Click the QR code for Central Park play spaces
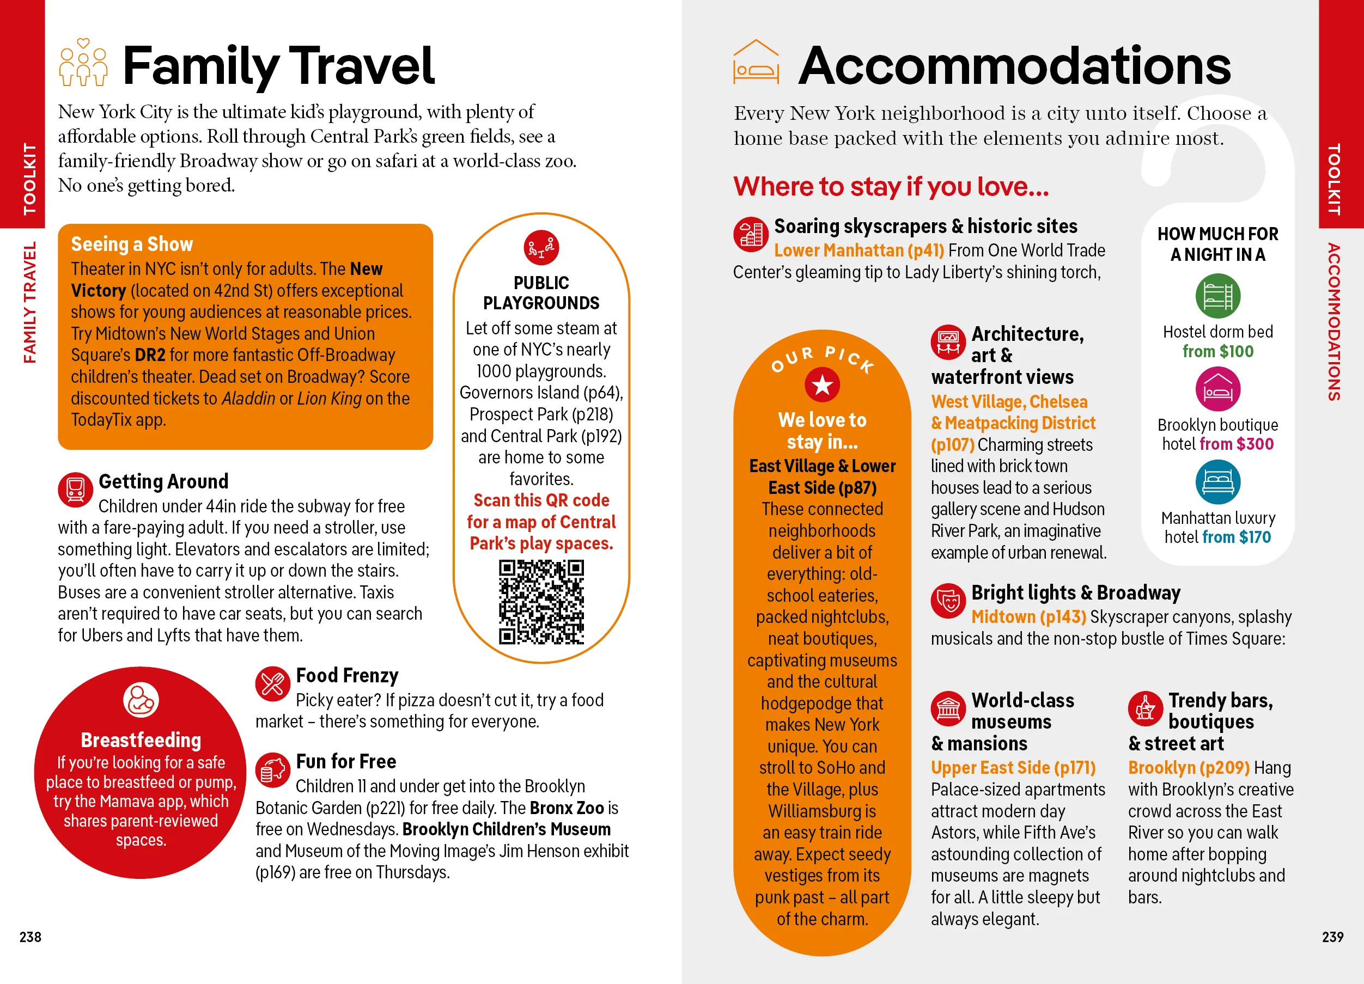click(x=541, y=602)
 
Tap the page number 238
click(x=30, y=937)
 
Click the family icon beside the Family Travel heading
click(x=83, y=63)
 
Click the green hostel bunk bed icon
click(x=1217, y=296)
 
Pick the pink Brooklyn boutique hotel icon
click(x=1217, y=389)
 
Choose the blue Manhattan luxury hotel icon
click(x=1217, y=482)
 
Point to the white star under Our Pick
click(x=822, y=384)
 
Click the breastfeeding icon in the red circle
click(x=141, y=700)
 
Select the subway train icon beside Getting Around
click(x=75, y=490)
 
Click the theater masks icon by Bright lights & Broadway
click(x=948, y=601)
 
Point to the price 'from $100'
click(x=1218, y=352)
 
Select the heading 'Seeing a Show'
click(x=132, y=244)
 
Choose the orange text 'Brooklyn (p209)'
click(x=1189, y=768)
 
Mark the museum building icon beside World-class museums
click(x=948, y=708)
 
